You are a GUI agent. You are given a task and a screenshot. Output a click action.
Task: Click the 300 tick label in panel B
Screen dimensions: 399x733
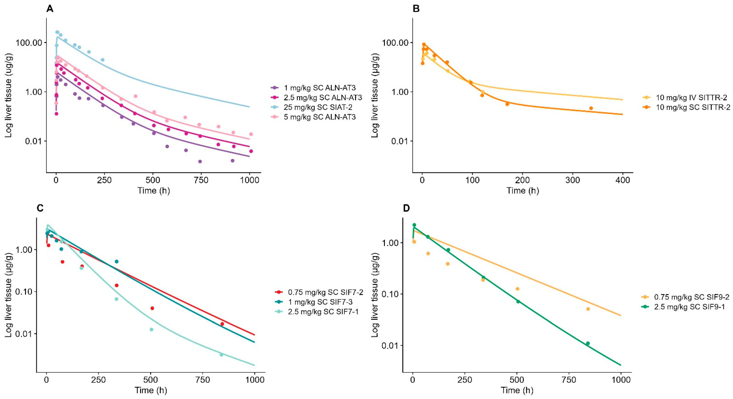pyautogui.click(x=573, y=180)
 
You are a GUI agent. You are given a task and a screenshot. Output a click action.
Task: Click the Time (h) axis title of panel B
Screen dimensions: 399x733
pyautogui.click(x=522, y=190)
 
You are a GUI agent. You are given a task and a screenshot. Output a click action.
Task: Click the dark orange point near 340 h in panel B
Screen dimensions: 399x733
pyautogui.click(x=591, y=108)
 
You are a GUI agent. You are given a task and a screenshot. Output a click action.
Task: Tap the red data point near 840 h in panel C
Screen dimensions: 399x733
pyautogui.click(x=222, y=324)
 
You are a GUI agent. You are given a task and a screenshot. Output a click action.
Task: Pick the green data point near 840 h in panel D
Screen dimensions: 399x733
pyautogui.click(x=588, y=343)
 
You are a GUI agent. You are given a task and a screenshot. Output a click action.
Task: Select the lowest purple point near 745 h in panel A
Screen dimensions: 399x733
pyautogui.click(x=200, y=161)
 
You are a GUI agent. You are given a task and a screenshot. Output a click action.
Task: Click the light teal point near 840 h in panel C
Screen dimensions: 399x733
pyautogui.click(x=221, y=355)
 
